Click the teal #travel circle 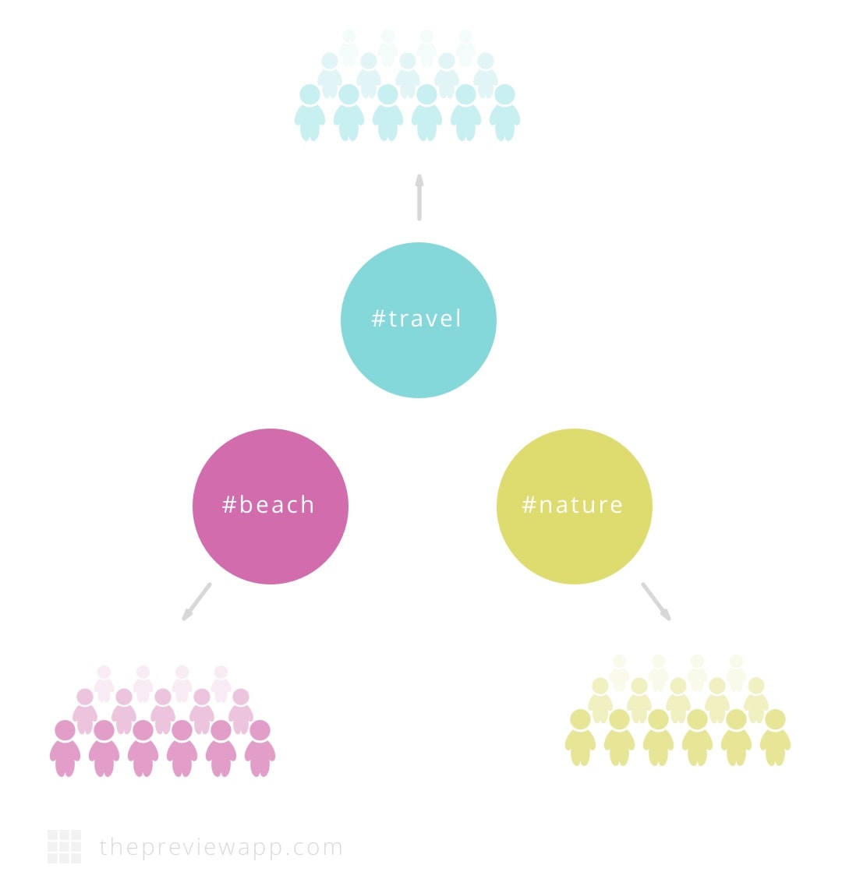point(419,319)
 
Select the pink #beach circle point(271,507)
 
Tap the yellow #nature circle point(575,507)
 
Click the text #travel point(416,319)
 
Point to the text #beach point(268,504)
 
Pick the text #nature point(572,505)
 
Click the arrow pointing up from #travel point(419,196)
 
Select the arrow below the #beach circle point(196,602)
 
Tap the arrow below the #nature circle point(656,602)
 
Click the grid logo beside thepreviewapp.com point(64,846)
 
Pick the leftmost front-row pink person point(65,748)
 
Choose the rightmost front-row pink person point(260,748)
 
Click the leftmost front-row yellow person point(580,737)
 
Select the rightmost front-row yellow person point(775,737)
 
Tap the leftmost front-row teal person point(310,112)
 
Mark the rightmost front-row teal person point(505,112)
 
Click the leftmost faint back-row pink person point(104,683)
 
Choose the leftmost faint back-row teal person point(349,48)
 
